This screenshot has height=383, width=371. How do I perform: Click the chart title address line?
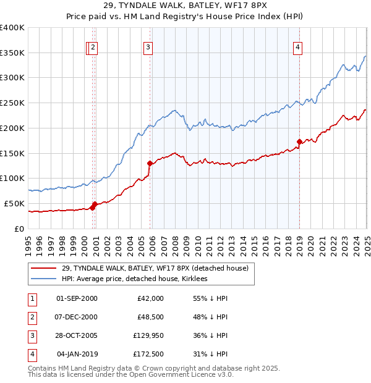[185, 6]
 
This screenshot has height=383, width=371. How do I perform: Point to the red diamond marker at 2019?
[299, 142]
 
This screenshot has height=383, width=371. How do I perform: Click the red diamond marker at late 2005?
[150, 164]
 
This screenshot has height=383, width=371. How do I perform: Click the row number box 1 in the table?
[30, 298]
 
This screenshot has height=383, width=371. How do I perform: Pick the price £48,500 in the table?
[150, 317]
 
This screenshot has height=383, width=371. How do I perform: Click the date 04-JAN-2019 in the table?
[77, 354]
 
